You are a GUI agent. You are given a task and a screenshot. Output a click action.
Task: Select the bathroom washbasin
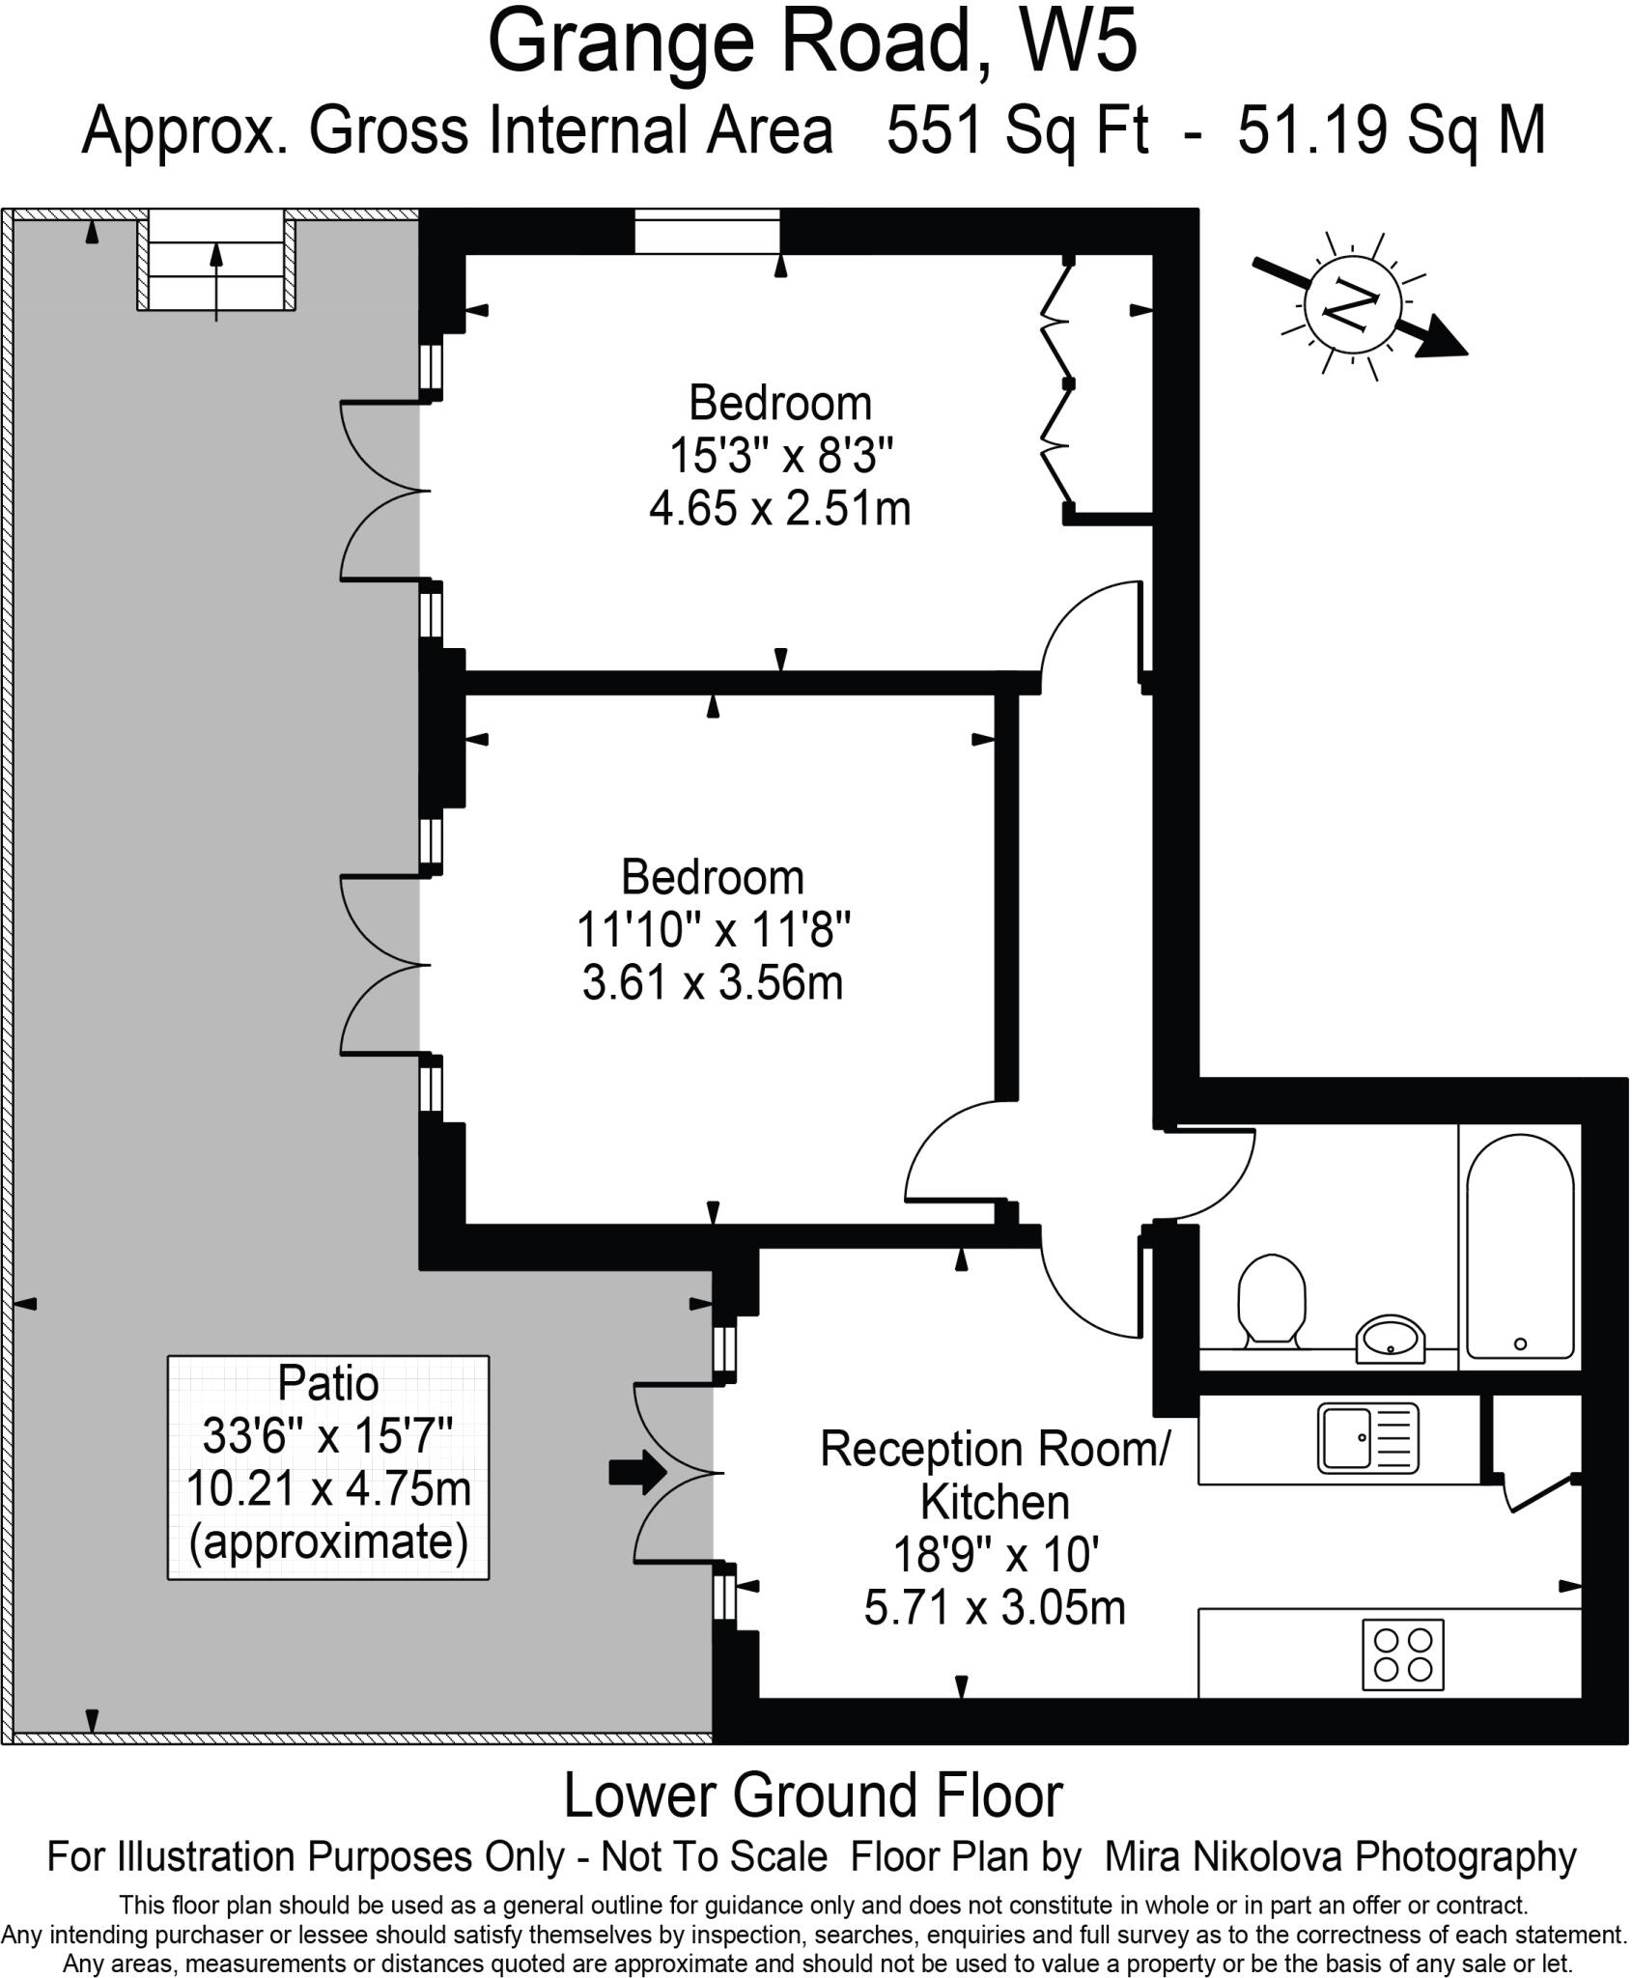click(1390, 1338)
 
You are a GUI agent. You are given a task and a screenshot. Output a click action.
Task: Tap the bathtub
click(1519, 1246)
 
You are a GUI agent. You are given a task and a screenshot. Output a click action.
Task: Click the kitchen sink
click(1368, 1438)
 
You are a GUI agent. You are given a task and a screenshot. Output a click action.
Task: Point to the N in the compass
click(1351, 306)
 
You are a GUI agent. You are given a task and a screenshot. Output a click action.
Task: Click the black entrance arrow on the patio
click(637, 1473)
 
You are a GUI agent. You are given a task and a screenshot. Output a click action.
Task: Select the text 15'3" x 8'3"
click(781, 455)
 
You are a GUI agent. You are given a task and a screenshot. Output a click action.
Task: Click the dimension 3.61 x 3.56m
click(713, 983)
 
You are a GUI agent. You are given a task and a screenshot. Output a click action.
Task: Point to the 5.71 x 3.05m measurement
click(995, 1608)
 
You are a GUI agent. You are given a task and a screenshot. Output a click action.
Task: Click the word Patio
click(328, 1383)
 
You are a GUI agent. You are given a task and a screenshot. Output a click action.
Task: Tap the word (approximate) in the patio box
click(328, 1541)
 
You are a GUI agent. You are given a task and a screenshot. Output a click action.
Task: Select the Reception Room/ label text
click(995, 1449)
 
